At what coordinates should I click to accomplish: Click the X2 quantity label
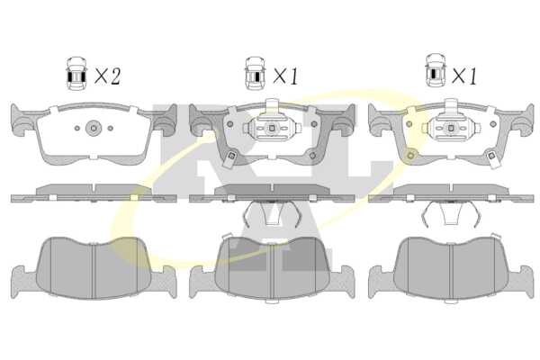[107, 76]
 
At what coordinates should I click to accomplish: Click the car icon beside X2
[76, 74]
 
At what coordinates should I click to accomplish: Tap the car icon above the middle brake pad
[256, 74]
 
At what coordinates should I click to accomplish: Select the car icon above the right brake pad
[436, 70]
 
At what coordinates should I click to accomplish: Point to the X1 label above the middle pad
[286, 76]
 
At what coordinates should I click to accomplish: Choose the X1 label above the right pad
[464, 76]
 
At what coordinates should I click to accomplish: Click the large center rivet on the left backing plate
[94, 128]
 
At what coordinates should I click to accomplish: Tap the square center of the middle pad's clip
[272, 128]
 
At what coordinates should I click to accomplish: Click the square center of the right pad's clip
[451, 128]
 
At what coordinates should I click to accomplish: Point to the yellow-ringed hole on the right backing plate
[410, 156]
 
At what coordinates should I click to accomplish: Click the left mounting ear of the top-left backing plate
[22, 121]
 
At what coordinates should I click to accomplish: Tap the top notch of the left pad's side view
[94, 189]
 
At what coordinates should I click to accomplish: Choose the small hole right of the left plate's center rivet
[110, 128]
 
